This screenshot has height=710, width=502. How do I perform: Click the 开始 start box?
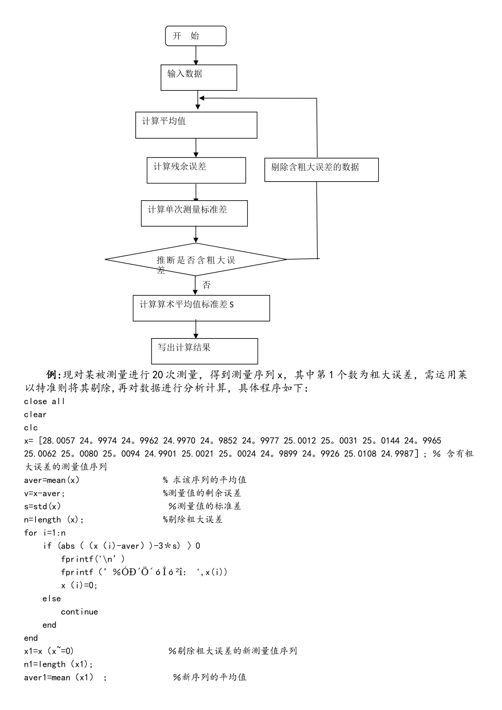coord(196,36)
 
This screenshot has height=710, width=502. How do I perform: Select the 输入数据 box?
coord(199,78)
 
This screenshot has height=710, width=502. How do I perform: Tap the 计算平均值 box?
coord(196,125)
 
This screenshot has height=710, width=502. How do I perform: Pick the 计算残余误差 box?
coord(196,170)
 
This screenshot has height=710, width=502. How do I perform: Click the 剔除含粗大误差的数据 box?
coord(321,170)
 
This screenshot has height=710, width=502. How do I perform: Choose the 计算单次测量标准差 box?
coord(194,213)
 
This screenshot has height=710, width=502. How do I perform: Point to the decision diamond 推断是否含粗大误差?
coord(196,259)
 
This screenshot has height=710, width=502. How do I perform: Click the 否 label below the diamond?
coord(206,285)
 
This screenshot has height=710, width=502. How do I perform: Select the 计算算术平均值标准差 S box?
coord(201,308)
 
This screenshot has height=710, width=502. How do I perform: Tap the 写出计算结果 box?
coord(204,351)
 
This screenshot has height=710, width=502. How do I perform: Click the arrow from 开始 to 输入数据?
coord(196,55)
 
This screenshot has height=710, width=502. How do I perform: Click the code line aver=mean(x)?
coord(52,480)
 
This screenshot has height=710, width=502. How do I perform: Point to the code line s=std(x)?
coord(43,507)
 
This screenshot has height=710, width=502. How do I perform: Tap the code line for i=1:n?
coord(45,532)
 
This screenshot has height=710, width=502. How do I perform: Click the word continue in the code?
coord(79,612)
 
